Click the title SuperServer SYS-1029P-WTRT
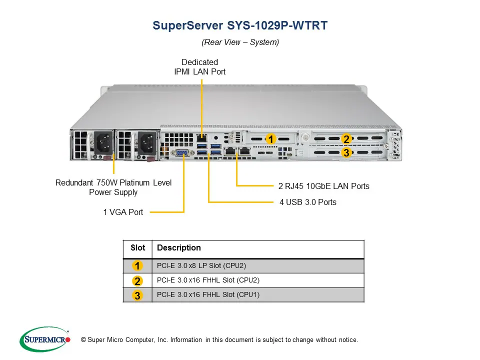point(240,25)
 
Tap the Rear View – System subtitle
point(240,42)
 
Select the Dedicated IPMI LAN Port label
point(199,67)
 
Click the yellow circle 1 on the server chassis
point(270,139)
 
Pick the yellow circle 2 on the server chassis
point(346,139)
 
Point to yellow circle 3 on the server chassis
point(346,153)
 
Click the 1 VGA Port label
point(123,212)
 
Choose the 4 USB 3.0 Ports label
point(307,202)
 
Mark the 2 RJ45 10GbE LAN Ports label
point(323,186)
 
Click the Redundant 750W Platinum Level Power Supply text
point(113,187)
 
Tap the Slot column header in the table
point(137,248)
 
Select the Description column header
point(178,248)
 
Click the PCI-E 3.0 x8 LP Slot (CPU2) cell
point(201,265)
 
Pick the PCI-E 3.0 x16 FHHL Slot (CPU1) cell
point(208,294)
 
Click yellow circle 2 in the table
point(137,280)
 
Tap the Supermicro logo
point(45,339)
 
